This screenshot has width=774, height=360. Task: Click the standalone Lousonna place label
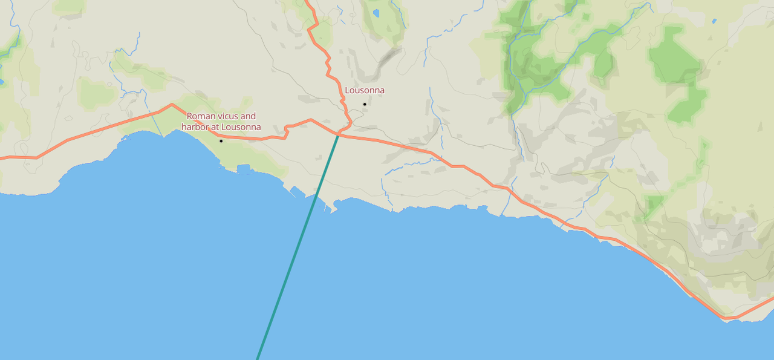[365, 91]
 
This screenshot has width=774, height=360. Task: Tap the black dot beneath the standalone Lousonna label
[365, 104]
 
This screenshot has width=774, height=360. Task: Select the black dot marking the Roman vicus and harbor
[221, 141]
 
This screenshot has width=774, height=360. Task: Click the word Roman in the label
[200, 116]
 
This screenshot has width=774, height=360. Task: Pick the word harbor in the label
[195, 127]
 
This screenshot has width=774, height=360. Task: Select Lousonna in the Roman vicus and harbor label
[241, 127]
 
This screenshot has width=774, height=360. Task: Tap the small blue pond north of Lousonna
[376, 13]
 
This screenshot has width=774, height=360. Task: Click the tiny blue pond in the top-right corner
[714, 21]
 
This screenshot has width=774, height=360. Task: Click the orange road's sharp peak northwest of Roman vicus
[172, 104]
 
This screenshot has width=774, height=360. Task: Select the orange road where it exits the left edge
[2, 158]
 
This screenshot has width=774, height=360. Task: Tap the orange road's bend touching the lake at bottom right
[724, 317]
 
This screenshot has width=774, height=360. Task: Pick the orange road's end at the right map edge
[772, 298]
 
